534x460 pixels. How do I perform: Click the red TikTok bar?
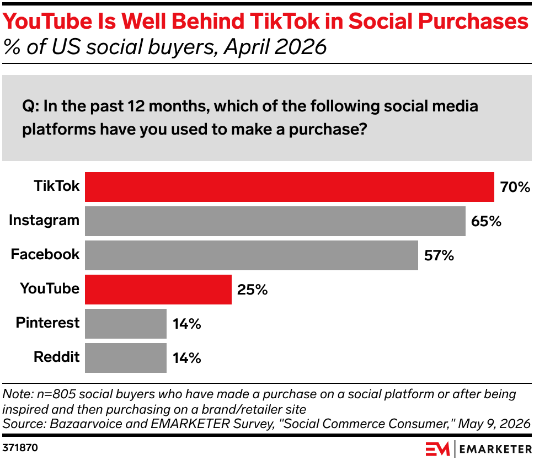pyautogui.click(x=290, y=187)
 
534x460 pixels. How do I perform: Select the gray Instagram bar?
pyautogui.click(x=275, y=221)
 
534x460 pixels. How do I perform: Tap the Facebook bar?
pyautogui.click(x=252, y=255)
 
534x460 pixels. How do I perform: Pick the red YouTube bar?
pyautogui.click(x=158, y=290)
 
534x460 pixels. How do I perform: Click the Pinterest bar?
pyautogui.click(x=126, y=324)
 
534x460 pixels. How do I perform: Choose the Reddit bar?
pyautogui.click(x=126, y=358)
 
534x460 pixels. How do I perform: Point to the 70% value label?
pyautogui.click(x=515, y=188)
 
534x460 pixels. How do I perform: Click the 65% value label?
pyautogui.click(x=487, y=221)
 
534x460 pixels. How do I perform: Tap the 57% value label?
pyautogui.click(x=439, y=255)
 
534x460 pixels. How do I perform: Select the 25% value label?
pyautogui.click(x=252, y=290)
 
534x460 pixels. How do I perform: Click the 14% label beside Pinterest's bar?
pyautogui.click(x=187, y=324)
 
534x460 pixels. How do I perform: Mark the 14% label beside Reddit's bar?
pyautogui.click(x=187, y=358)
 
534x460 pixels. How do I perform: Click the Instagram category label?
pyautogui.click(x=44, y=221)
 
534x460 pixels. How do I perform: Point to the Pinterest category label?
pyautogui.click(x=47, y=323)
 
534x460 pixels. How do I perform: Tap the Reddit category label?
pyautogui.click(x=56, y=357)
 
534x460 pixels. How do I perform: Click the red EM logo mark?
pyautogui.click(x=437, y=449)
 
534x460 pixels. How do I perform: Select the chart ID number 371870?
pyautogui.click(x=20, y=447)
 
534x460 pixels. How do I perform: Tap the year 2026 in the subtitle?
pyautogui.click(x=300, y=47)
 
